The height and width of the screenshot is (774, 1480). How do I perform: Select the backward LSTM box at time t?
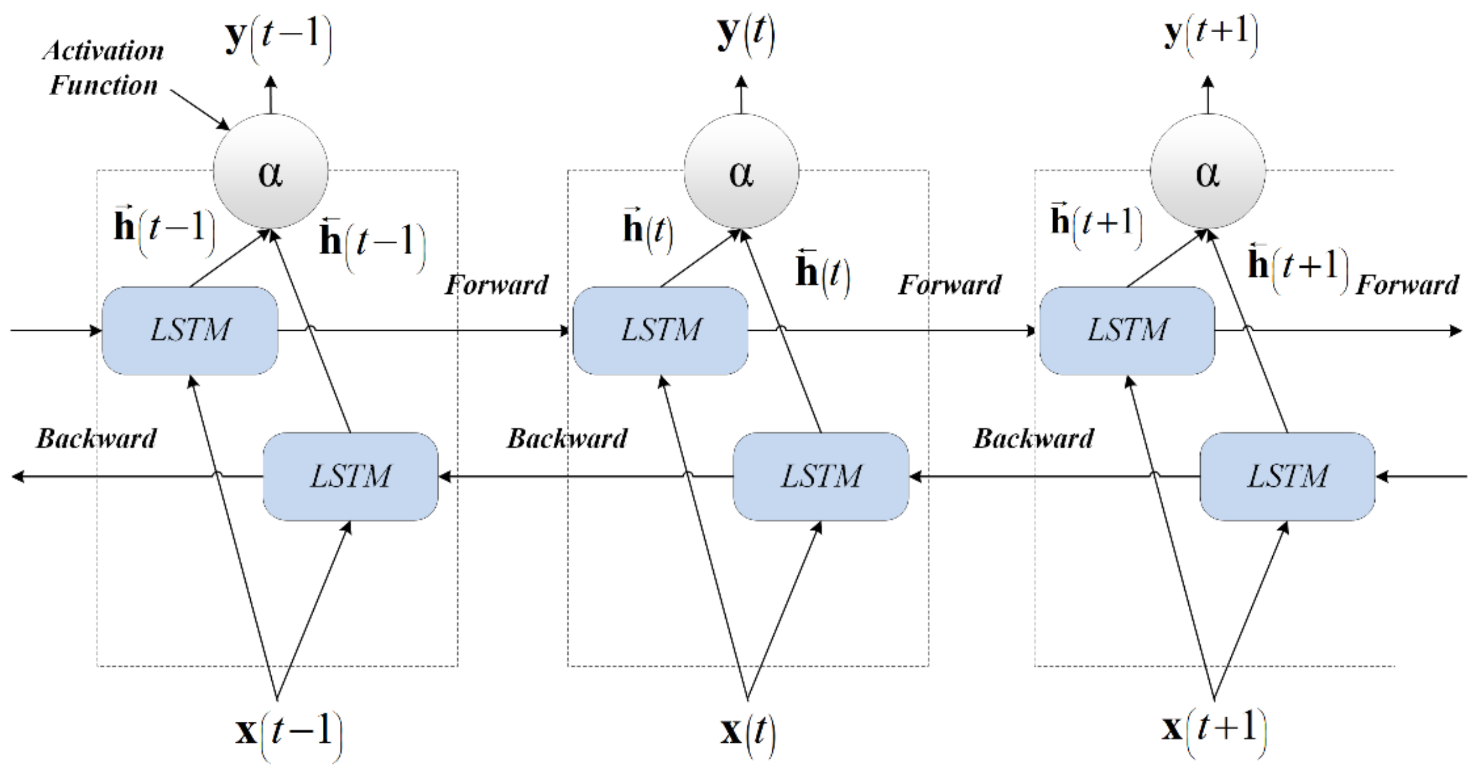pyautogui.click(x=820, y=477)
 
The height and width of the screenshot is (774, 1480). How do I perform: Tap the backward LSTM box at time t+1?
pyautogui.click(x=1287, y=477)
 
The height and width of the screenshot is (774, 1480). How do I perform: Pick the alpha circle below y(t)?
pyautogui.click(x=741, y=171)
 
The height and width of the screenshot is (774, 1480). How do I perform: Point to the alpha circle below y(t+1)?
pyautogui.click(x=1208, y=171)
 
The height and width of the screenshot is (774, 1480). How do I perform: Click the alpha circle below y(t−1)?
pyautogui.click(x=271, y=171)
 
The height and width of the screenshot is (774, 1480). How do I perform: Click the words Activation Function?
pyautogui.click(x=103, y=68)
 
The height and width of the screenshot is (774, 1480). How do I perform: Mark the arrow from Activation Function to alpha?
pyautogui.click(x=200, y=109)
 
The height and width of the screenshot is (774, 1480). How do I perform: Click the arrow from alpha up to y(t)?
pyautogui.click(x=741, y=95)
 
